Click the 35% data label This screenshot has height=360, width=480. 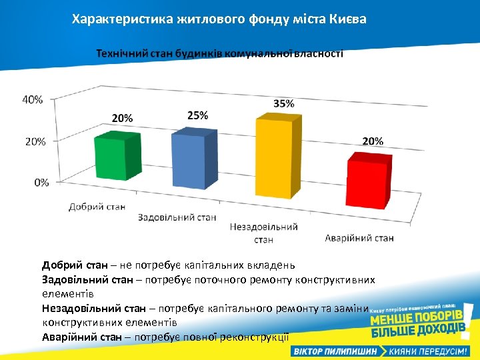284,103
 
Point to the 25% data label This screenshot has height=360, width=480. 197,115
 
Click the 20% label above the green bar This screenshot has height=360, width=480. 121,118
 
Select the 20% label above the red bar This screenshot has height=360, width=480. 373,141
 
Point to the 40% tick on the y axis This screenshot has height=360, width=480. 33,99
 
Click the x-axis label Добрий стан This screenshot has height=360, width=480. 97,207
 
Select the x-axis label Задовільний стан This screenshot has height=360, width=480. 177,217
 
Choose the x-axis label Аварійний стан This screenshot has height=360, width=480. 359,238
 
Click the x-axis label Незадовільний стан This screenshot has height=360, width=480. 263,233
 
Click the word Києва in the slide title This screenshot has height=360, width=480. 347,19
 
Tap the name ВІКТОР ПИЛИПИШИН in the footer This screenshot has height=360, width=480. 334,351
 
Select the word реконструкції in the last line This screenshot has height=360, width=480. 252,337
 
